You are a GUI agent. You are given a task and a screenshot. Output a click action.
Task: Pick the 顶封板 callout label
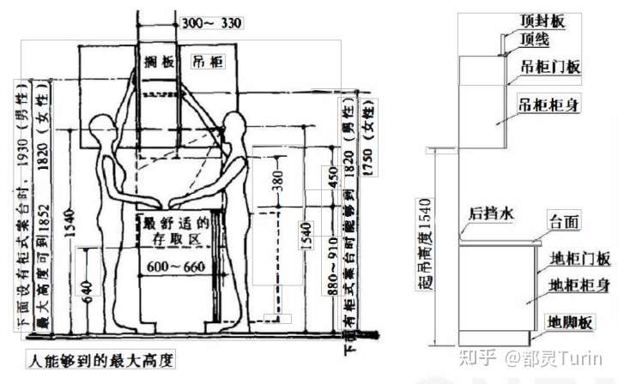540,19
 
